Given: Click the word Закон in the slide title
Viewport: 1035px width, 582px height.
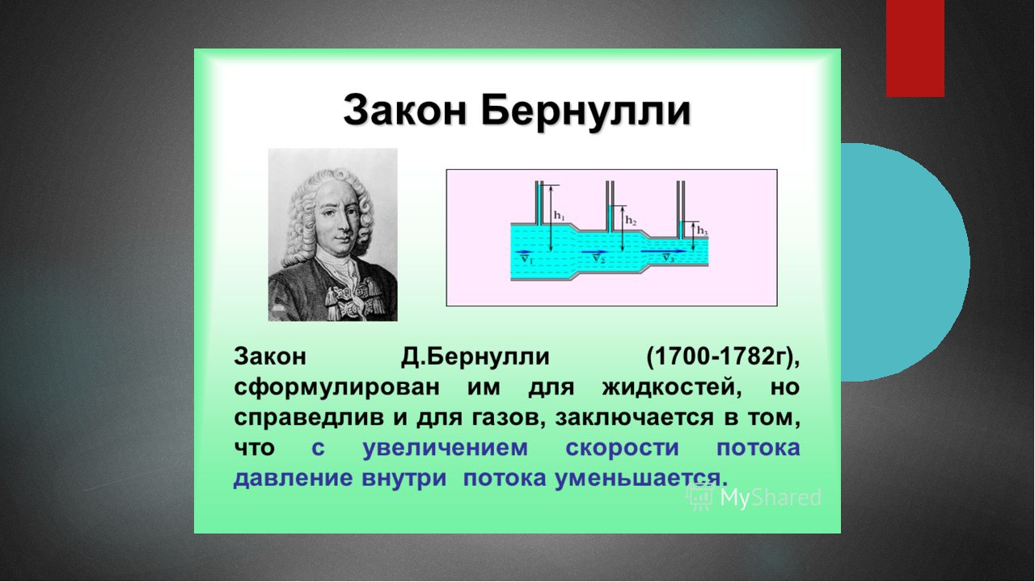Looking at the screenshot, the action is [405, 111].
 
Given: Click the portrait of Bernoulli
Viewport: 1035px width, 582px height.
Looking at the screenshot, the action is [332, 234].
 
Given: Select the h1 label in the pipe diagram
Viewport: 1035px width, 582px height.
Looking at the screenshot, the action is [560, 216].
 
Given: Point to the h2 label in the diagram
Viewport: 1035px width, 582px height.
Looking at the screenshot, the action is [631, 221].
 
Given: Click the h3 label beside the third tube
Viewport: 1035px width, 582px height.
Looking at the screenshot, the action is [703, 230].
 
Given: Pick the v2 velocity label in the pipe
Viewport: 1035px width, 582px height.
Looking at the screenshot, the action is [599, 259].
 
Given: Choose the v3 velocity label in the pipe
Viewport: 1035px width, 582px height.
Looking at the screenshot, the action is [668, 258].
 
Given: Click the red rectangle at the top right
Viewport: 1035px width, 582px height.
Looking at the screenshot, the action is [915, 48].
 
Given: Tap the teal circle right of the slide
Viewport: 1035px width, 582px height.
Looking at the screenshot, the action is [906, 263].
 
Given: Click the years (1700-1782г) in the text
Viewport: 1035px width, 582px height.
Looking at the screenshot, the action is [723, 357].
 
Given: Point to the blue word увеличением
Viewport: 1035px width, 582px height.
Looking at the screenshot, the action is [445, 448].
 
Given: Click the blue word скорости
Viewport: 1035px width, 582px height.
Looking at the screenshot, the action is [622, 448].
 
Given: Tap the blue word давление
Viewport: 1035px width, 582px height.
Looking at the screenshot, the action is [293, 478].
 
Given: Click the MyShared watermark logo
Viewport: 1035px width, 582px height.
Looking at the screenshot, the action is [754, 497].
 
